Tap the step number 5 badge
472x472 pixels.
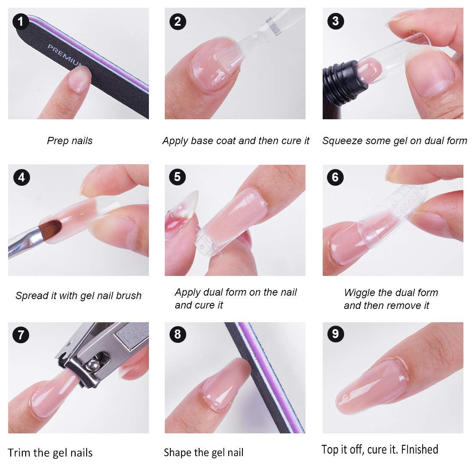[178, 177]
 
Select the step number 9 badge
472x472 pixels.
[336, 334]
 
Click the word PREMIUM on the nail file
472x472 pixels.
[64, 56]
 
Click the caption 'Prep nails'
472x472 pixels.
[70, 141]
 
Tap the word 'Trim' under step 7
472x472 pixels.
[19, 453]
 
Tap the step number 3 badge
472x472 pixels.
[336, 21]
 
